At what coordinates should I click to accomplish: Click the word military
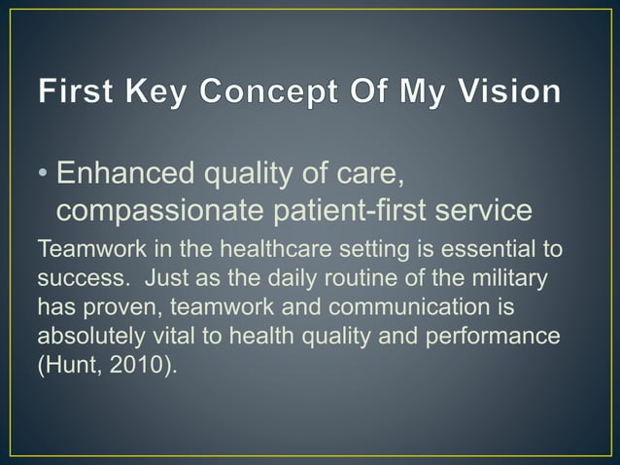tap(515, 279)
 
